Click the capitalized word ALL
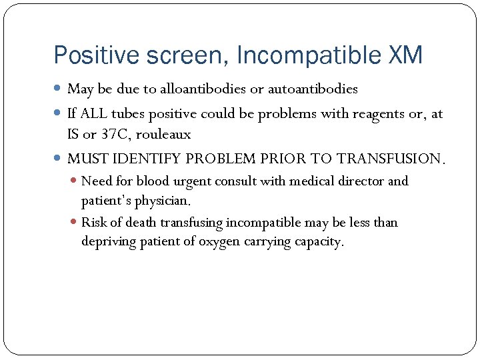(x=93, y=114)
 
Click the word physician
(x=163, y=200)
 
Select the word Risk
(x=95, y=222)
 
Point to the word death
(x=140, y=222)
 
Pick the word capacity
(x=318, y=241)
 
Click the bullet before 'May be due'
(x=59, y=89)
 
